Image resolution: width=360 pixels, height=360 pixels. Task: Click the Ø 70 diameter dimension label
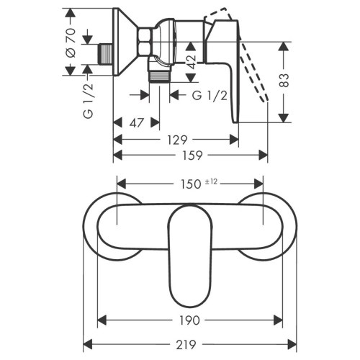point(70,42)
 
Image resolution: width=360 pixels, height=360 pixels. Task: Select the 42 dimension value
point(191,55)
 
